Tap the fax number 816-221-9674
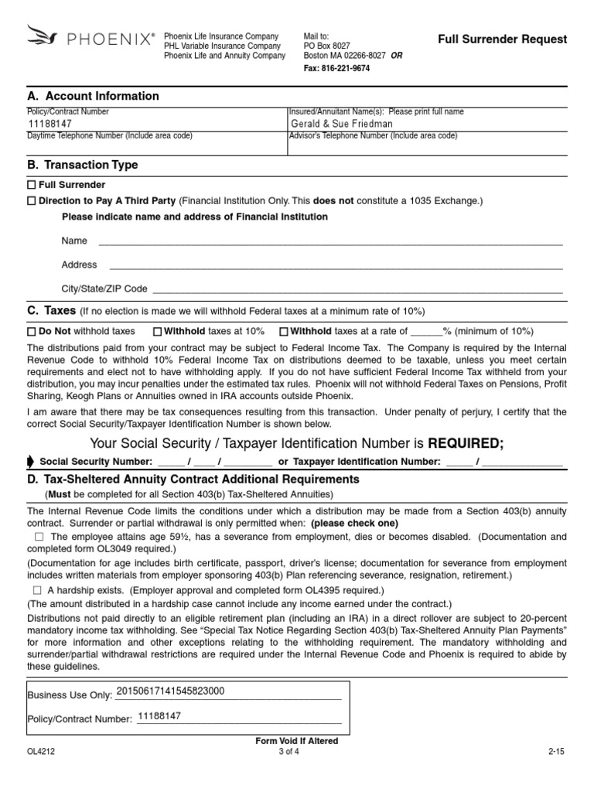336,68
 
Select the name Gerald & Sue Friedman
341,124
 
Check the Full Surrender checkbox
32,186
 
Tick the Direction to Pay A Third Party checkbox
32,201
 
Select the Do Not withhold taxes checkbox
32,332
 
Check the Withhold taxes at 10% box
157,332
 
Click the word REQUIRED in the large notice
460,443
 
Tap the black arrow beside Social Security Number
30,462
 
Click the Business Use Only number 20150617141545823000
169,691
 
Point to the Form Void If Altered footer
296,741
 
